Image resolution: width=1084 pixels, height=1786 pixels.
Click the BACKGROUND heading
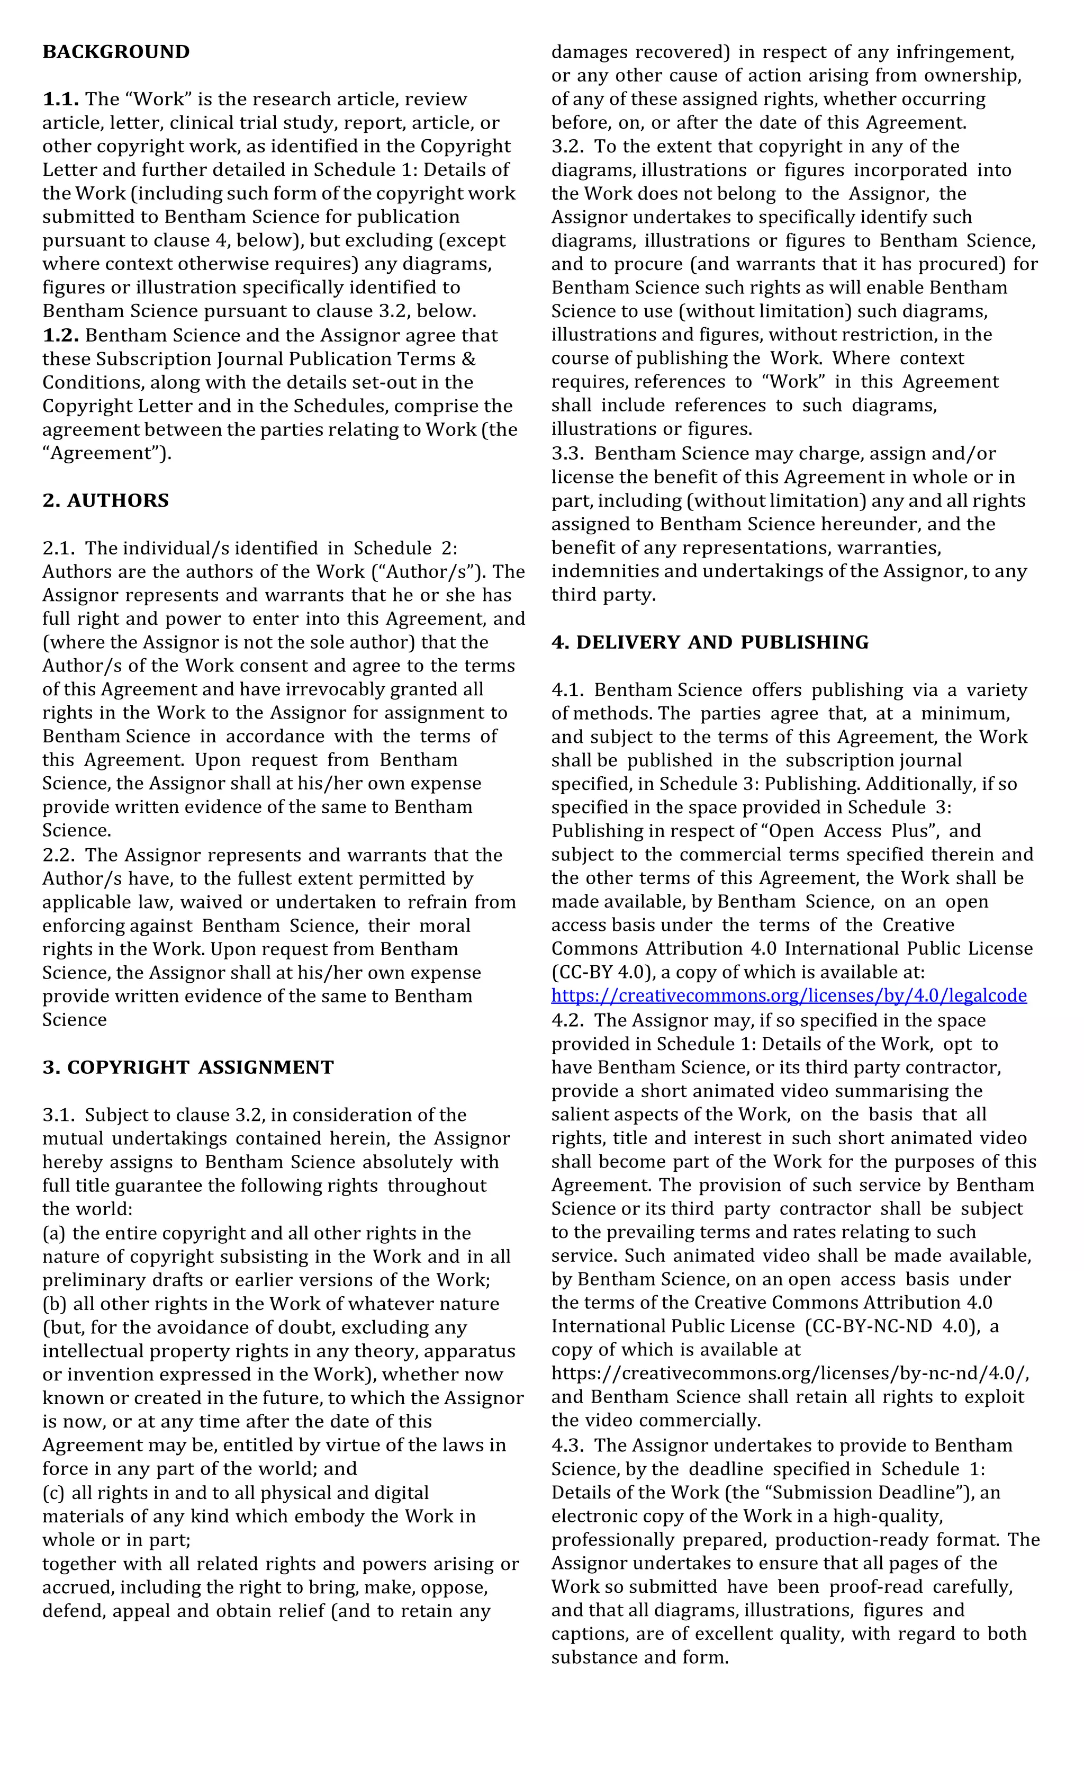coord(116,52)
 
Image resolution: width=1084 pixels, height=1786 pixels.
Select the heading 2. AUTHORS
coord(106,501)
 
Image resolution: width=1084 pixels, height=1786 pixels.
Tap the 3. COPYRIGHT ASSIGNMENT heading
coord(188,1067)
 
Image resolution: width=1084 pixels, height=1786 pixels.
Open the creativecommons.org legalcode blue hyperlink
coord(788,996)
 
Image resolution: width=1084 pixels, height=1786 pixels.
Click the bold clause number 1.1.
coord(60,100)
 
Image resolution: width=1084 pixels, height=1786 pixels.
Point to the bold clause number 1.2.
coord(60,336)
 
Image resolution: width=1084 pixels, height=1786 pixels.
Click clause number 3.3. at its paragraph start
coord(567,454)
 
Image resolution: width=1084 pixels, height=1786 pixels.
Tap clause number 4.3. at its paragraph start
coord(567,1446)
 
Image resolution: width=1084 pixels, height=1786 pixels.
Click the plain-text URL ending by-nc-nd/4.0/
coord(790,1374)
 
